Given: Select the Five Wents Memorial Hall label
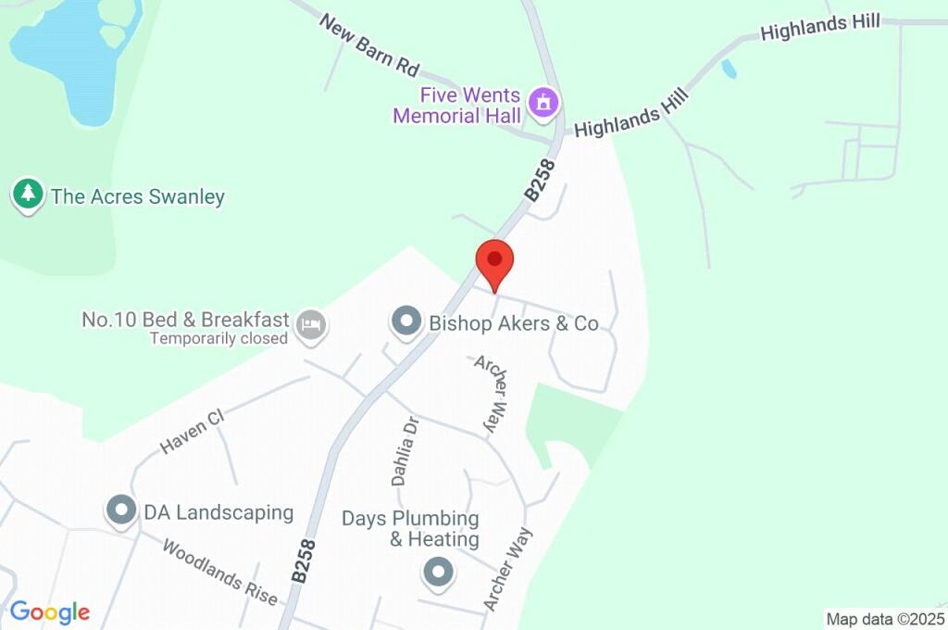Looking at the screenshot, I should pos(456,106).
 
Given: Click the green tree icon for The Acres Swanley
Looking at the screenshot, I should pos(29,195).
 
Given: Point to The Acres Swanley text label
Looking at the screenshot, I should pos(138,196).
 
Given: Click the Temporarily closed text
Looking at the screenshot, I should pos(219,339).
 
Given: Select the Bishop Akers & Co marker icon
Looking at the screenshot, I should pos(405,322).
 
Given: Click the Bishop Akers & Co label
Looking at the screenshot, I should pos(514,323).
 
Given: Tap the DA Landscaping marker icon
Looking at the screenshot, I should pos(121,510).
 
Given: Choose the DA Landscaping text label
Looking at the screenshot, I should pos(218,511).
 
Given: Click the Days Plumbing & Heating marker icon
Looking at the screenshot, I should pos(438,572).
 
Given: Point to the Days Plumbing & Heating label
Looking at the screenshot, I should pos(410,528).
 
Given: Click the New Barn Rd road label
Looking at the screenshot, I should pos(370,44).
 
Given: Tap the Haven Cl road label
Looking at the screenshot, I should pos(193,433).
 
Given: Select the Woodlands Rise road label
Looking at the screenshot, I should pos(220,573).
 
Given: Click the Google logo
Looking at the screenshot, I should pos(50,611).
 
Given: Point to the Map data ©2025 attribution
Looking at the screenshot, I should pos(885,619).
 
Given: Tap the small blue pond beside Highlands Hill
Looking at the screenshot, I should pos(730,69).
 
